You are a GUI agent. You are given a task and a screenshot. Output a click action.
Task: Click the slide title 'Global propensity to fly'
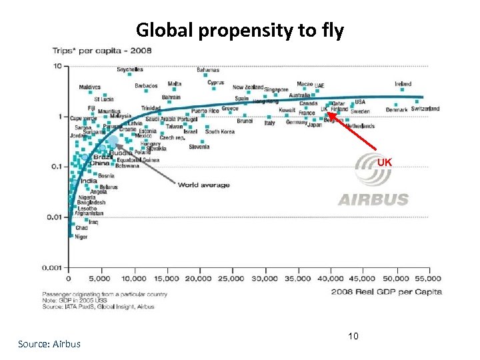239,30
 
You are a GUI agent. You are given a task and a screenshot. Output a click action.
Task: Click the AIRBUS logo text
373,199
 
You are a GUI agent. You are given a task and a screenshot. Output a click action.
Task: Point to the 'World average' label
203,185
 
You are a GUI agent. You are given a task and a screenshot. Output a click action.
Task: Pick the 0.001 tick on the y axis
53,267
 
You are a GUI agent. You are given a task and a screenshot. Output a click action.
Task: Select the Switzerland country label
425,109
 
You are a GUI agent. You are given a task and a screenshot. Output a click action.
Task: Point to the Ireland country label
403,84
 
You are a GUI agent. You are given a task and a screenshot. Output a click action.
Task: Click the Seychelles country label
130,69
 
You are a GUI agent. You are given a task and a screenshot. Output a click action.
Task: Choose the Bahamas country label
208,69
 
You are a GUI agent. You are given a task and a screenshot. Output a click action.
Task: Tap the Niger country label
81,237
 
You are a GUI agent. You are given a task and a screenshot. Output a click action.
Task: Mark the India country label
89,181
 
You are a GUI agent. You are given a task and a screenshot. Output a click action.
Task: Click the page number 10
353,336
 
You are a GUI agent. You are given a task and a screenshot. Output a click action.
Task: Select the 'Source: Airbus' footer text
49,344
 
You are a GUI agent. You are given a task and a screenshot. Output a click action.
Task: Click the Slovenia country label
199,147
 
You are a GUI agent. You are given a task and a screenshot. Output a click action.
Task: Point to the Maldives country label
90,87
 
